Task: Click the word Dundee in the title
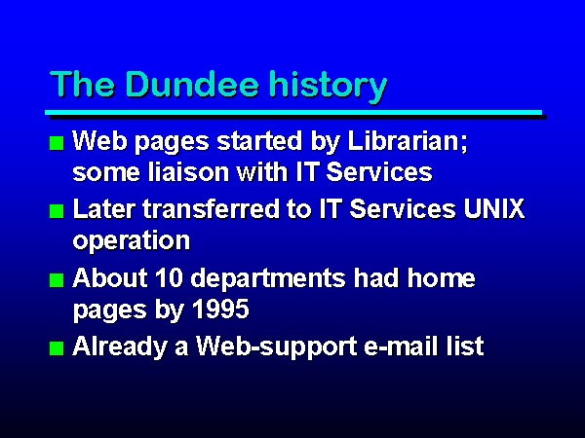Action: pyautogui.click(x=192, y=84)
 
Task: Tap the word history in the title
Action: pyautogui.click(x=329, y=87)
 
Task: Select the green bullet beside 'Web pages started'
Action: pyautogui.click(x=57, y=143)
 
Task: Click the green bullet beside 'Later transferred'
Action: pyautogui.click(x=57, y=211)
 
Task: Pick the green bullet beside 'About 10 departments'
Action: pyautogui.click(x=57, y=280)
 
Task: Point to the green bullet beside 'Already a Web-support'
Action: pyautogui.click(x=57, y=348)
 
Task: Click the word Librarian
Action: pyautogui.click(x=408, y=142)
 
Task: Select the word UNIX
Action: pyautogui.click(x=494, y=209)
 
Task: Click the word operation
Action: pyautogui.click(x=132, y=241)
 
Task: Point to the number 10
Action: pyautogui.click(x=169, y=277)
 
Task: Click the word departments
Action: pyautogui.click(x=268, y=279)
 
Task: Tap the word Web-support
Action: pyautogui.click(x=277, y=347)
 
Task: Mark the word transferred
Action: pyautogui.click(x=212, y=209)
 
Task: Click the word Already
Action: pyautogui.click(x=120, y=347)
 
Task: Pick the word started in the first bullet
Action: pyautogui.click(x=259, y=141)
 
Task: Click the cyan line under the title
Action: pyautogui.click(x=293, y=113)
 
